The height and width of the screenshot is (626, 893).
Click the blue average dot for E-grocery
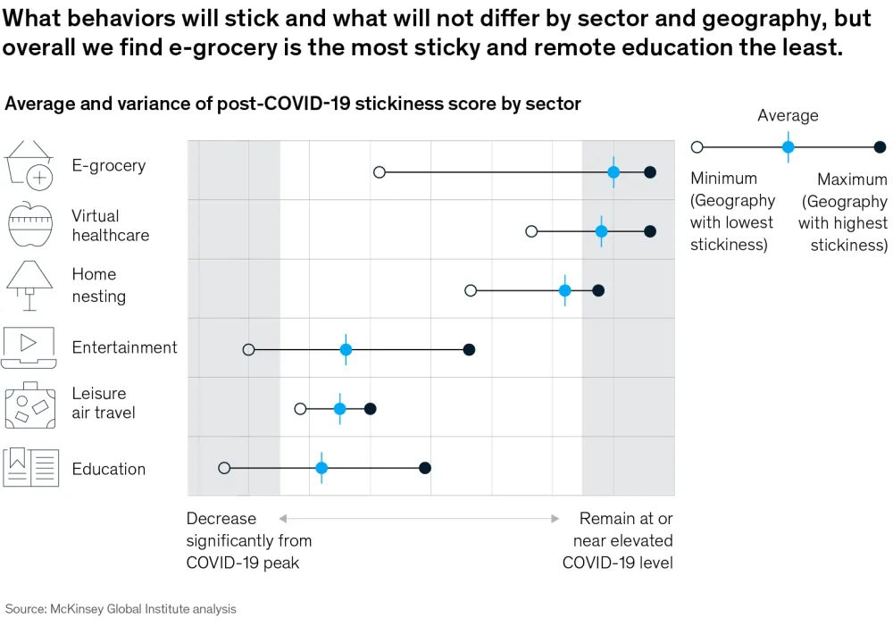(613, 171)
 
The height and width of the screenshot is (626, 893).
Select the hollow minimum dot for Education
(224, 468)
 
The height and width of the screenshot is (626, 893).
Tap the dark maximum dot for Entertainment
(469, 349)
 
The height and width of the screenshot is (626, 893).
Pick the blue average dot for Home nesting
(564, 290)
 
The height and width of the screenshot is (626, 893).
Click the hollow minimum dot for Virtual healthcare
(531, 231)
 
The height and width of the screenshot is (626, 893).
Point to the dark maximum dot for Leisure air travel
(371, 408)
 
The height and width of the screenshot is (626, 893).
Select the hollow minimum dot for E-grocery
(379, 171)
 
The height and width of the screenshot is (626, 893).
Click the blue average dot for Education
(321, 468)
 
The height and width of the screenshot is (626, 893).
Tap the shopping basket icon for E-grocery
(29, 166)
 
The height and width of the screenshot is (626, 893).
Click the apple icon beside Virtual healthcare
(30, 225)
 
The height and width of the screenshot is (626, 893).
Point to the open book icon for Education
(30, 468)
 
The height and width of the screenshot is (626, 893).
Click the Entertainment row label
(124, 347)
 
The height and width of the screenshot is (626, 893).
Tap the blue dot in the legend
(788, 146)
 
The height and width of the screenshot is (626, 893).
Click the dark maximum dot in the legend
(880, 146)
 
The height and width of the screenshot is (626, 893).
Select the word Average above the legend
(788, 115)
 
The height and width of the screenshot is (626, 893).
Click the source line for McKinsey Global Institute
(121, 609)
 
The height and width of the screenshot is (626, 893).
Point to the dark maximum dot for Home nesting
(598, 290)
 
